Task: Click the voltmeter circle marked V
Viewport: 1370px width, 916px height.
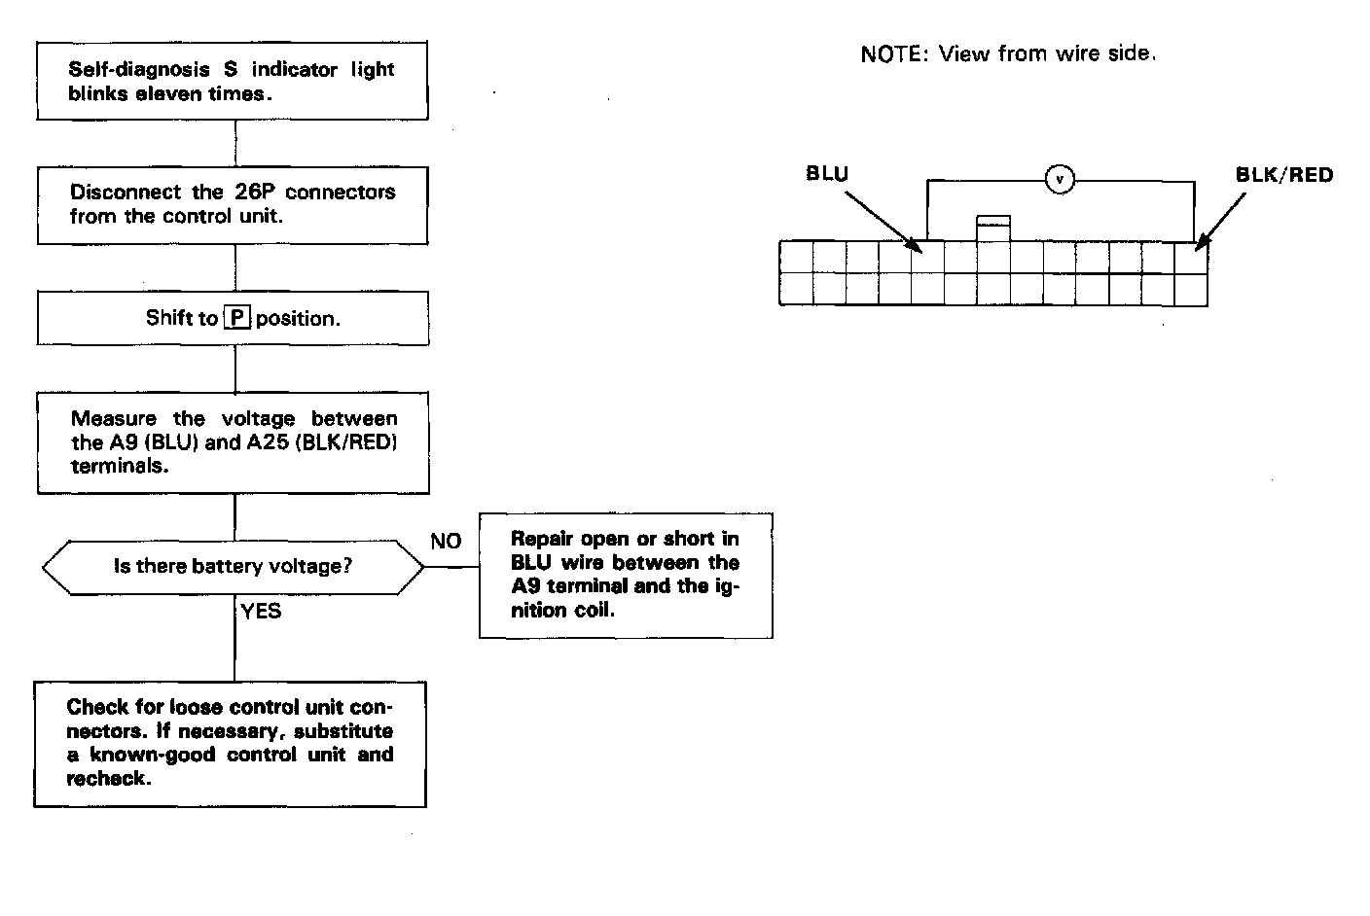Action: tap(1060, 179)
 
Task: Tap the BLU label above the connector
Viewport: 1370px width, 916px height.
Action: tap(827, 174)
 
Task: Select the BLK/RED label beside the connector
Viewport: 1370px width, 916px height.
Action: tap(1283, 175)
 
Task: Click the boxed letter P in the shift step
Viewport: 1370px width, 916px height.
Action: tap(236, 318)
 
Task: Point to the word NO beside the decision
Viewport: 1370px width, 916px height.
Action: tap(446, 541)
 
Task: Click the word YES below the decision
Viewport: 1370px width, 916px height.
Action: tap(261, 611)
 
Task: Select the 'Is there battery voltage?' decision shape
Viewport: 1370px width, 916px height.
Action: tap(234, 566)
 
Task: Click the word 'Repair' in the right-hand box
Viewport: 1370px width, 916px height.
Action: tap(542, 539)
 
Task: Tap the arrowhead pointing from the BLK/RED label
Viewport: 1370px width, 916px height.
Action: tap(1200, 247)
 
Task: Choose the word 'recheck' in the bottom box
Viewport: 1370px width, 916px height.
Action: tap(106, 778)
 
